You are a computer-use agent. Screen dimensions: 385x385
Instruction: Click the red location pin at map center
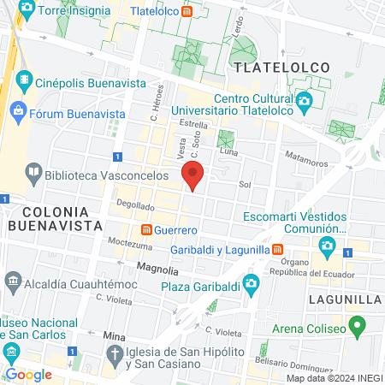coord(193,177)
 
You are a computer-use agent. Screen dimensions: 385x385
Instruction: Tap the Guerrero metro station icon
coord(146,231)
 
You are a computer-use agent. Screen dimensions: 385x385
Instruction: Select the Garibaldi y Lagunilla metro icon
coord(278,249)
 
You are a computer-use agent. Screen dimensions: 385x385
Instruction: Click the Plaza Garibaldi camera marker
coord(252,283)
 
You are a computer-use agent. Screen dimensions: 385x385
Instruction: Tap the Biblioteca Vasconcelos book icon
coord(33,172)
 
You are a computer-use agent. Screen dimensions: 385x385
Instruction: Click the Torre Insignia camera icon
coord(27,11)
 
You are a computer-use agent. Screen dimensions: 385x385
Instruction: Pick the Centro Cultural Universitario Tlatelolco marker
coord(305,101)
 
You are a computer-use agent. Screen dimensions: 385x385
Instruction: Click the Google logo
coord(28,375)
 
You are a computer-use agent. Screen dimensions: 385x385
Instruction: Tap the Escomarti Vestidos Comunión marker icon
coord(326,246)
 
